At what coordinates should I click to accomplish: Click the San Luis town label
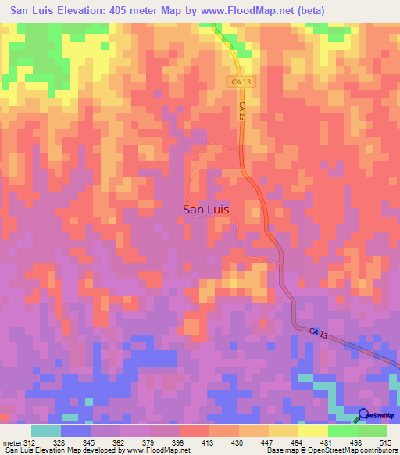(x=207, y=209)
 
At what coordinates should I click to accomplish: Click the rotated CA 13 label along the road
(x=243, y=110)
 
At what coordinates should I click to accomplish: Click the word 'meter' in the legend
(x=10, y=442)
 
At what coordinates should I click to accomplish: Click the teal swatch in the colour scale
(x=46, y=431)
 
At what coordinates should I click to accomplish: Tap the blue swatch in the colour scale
(x=76, y=431)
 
